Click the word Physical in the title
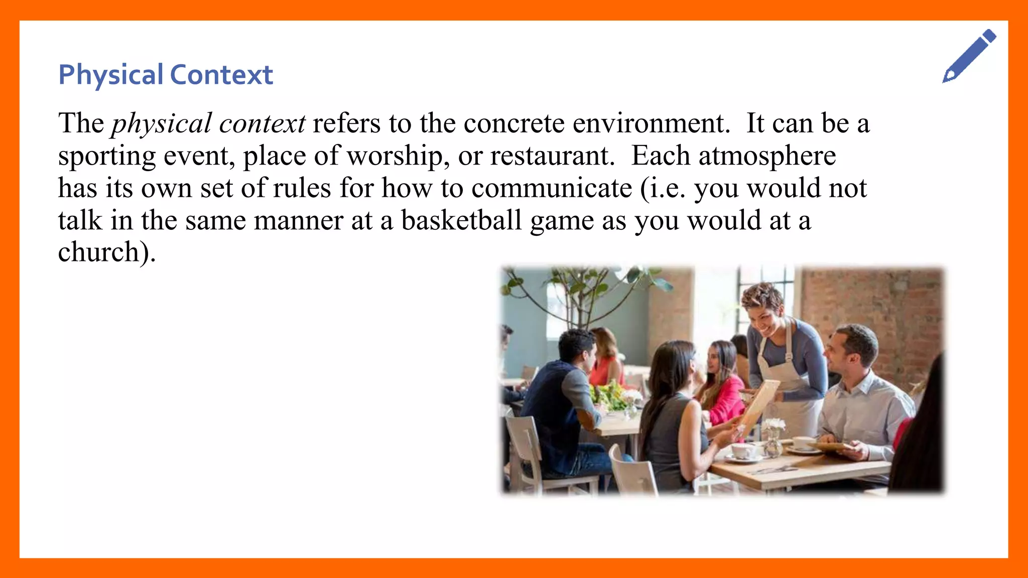coord(111,75)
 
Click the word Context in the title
coord(221,75)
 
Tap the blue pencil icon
coord(969,56)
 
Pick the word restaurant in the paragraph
coord(552,156)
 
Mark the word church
coord(99,252)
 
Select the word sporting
coord(107,157)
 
